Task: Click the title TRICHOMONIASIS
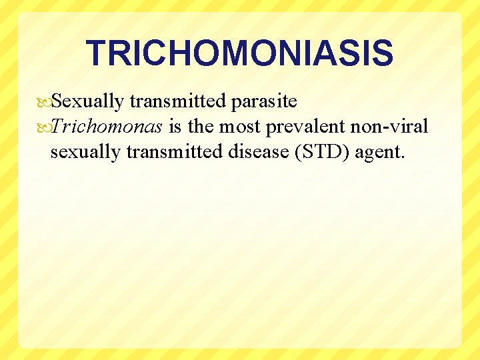(x=239, y=53)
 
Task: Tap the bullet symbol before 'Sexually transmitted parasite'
(x=45, y=102)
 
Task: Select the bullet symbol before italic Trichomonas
(x=45, y=127)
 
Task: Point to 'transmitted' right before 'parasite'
(x=178, y=101)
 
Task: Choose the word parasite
(x=265, y=102)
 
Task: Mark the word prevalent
(x=303, y=127)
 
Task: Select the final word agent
(x=380, y=153)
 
